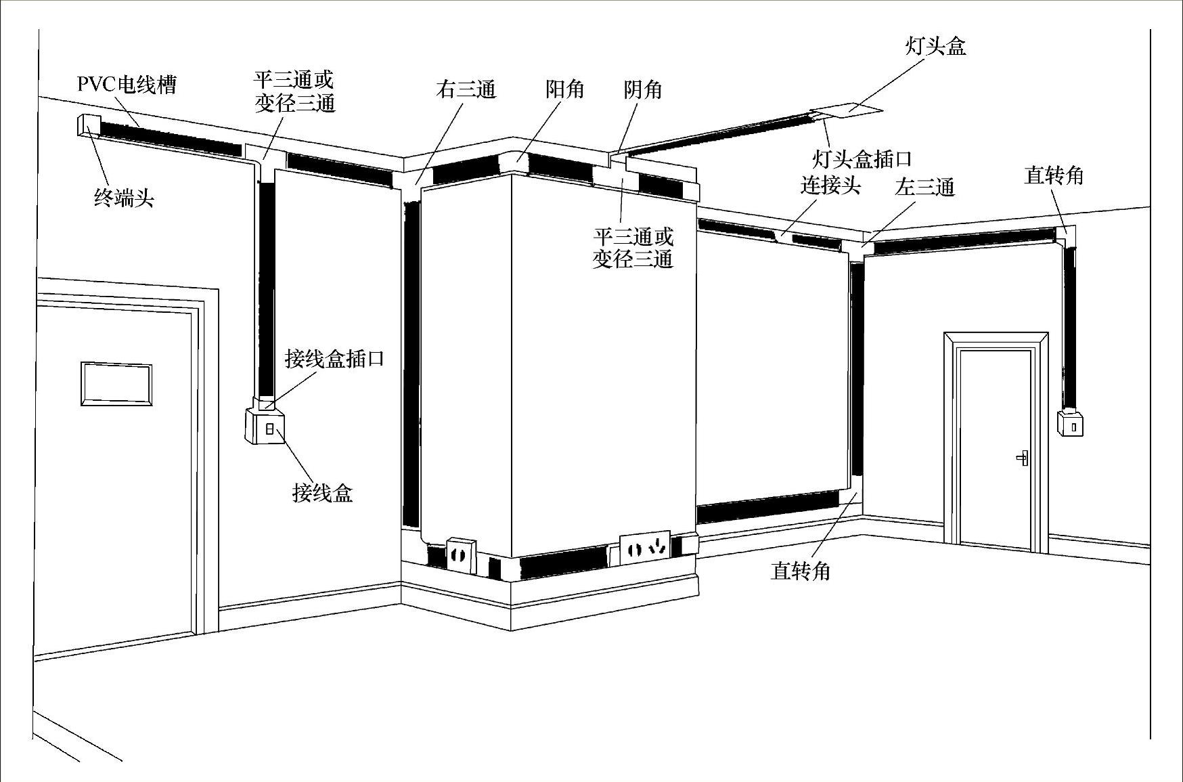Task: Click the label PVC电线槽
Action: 127,85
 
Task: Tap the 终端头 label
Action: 124,198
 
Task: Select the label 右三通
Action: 466,89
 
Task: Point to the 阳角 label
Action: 564,89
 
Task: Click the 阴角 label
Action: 642,89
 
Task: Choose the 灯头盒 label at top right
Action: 935,46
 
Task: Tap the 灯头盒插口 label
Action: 862,159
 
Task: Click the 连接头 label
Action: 830,185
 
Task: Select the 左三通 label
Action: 924,187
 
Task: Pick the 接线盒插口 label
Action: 334,358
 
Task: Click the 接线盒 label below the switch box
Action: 322,492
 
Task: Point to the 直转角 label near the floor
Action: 800,571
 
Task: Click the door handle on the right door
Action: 1023,458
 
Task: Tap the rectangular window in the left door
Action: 116,384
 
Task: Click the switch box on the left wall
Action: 265,427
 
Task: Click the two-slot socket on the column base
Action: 459,555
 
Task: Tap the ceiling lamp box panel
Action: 845,110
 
